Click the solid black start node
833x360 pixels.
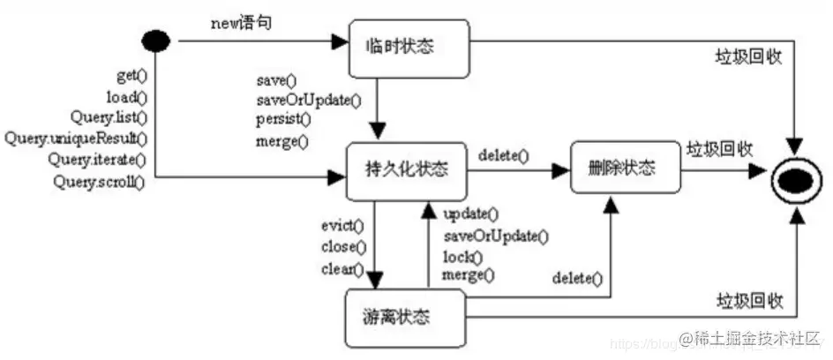point(157,41)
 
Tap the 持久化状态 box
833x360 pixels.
point(407,169)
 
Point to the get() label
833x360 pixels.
point(131,77)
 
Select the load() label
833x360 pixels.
point(127,97)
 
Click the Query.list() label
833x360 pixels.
point(109,117)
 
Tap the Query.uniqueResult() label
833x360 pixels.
point(76,139)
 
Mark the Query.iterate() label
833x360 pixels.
point(97,160)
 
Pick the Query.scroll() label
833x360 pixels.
point(98,182)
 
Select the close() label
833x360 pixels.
point(343,247)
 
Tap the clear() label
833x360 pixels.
point(341,268)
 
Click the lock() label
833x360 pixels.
point(462,257)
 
